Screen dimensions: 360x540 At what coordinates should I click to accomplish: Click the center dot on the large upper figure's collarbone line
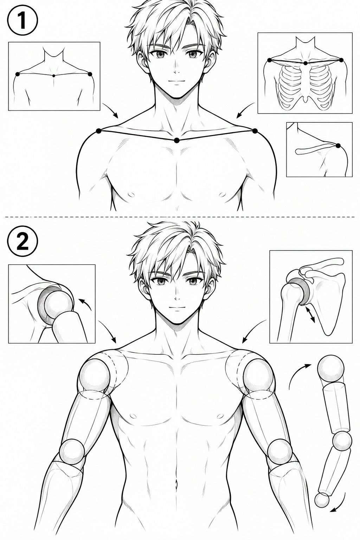177,140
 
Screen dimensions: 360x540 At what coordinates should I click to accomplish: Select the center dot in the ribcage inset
306,63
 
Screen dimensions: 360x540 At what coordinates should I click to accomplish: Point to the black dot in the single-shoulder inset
338,145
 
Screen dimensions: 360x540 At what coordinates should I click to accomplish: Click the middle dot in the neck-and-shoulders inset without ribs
54,76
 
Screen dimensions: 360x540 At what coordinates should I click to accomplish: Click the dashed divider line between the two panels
180,217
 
